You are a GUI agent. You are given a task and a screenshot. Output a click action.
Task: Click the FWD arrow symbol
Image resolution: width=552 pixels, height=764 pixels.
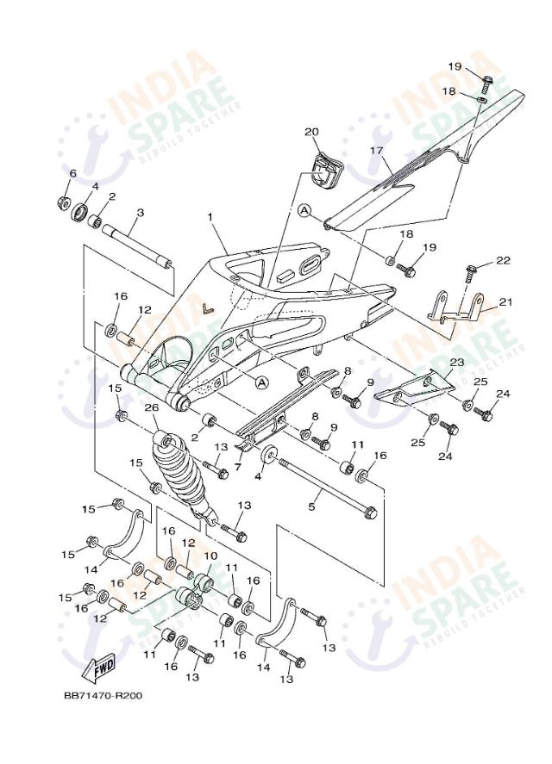[101, 668]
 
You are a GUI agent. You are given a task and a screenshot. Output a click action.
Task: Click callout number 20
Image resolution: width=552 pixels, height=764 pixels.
[311, 132]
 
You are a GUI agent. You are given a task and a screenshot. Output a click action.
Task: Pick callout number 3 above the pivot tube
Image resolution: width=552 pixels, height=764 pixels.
[140, 212]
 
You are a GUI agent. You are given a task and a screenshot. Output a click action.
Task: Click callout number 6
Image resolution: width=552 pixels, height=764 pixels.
[72, 173]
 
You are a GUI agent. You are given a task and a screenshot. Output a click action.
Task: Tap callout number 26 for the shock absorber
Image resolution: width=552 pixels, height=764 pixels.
[151, 407]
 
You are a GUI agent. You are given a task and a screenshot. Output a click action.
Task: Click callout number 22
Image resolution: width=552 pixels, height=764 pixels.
[503, 260]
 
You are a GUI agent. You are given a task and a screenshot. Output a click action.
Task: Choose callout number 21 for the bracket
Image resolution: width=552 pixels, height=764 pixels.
[505, 301]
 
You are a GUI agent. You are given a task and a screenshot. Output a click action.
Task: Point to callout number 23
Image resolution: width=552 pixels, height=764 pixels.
[457, 363]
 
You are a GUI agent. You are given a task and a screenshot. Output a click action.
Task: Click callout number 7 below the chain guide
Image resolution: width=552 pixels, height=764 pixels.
[238, 467]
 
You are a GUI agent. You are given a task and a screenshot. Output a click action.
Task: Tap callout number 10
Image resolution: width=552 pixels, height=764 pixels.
[210, 556]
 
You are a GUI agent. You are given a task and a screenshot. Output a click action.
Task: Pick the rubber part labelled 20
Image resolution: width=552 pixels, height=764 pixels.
[323, 170]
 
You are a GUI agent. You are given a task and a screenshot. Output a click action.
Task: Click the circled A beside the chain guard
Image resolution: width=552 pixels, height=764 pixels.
[304, 210]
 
